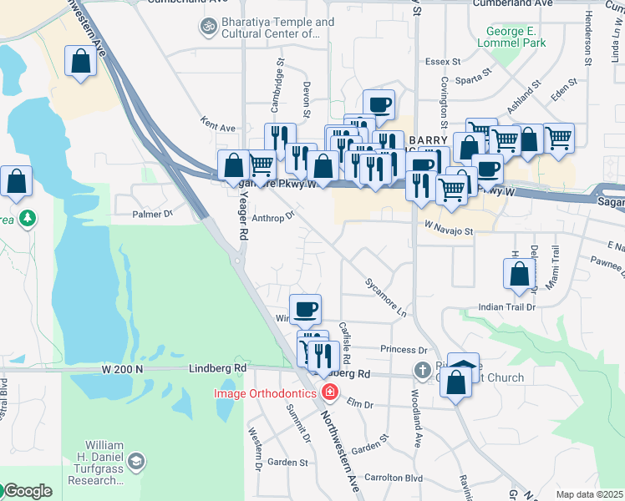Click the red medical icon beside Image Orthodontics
(x=330, y=392)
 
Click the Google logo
(x=27, y=491)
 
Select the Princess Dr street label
(x=404, y=350)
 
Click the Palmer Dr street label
(x=152, y=214)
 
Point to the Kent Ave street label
(x=218, y=128)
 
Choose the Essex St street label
(x=443, y=61)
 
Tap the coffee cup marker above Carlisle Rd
(x=305, y=309)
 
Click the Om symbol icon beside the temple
(x=206, y=28)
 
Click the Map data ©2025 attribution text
(x=590, y=494)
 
